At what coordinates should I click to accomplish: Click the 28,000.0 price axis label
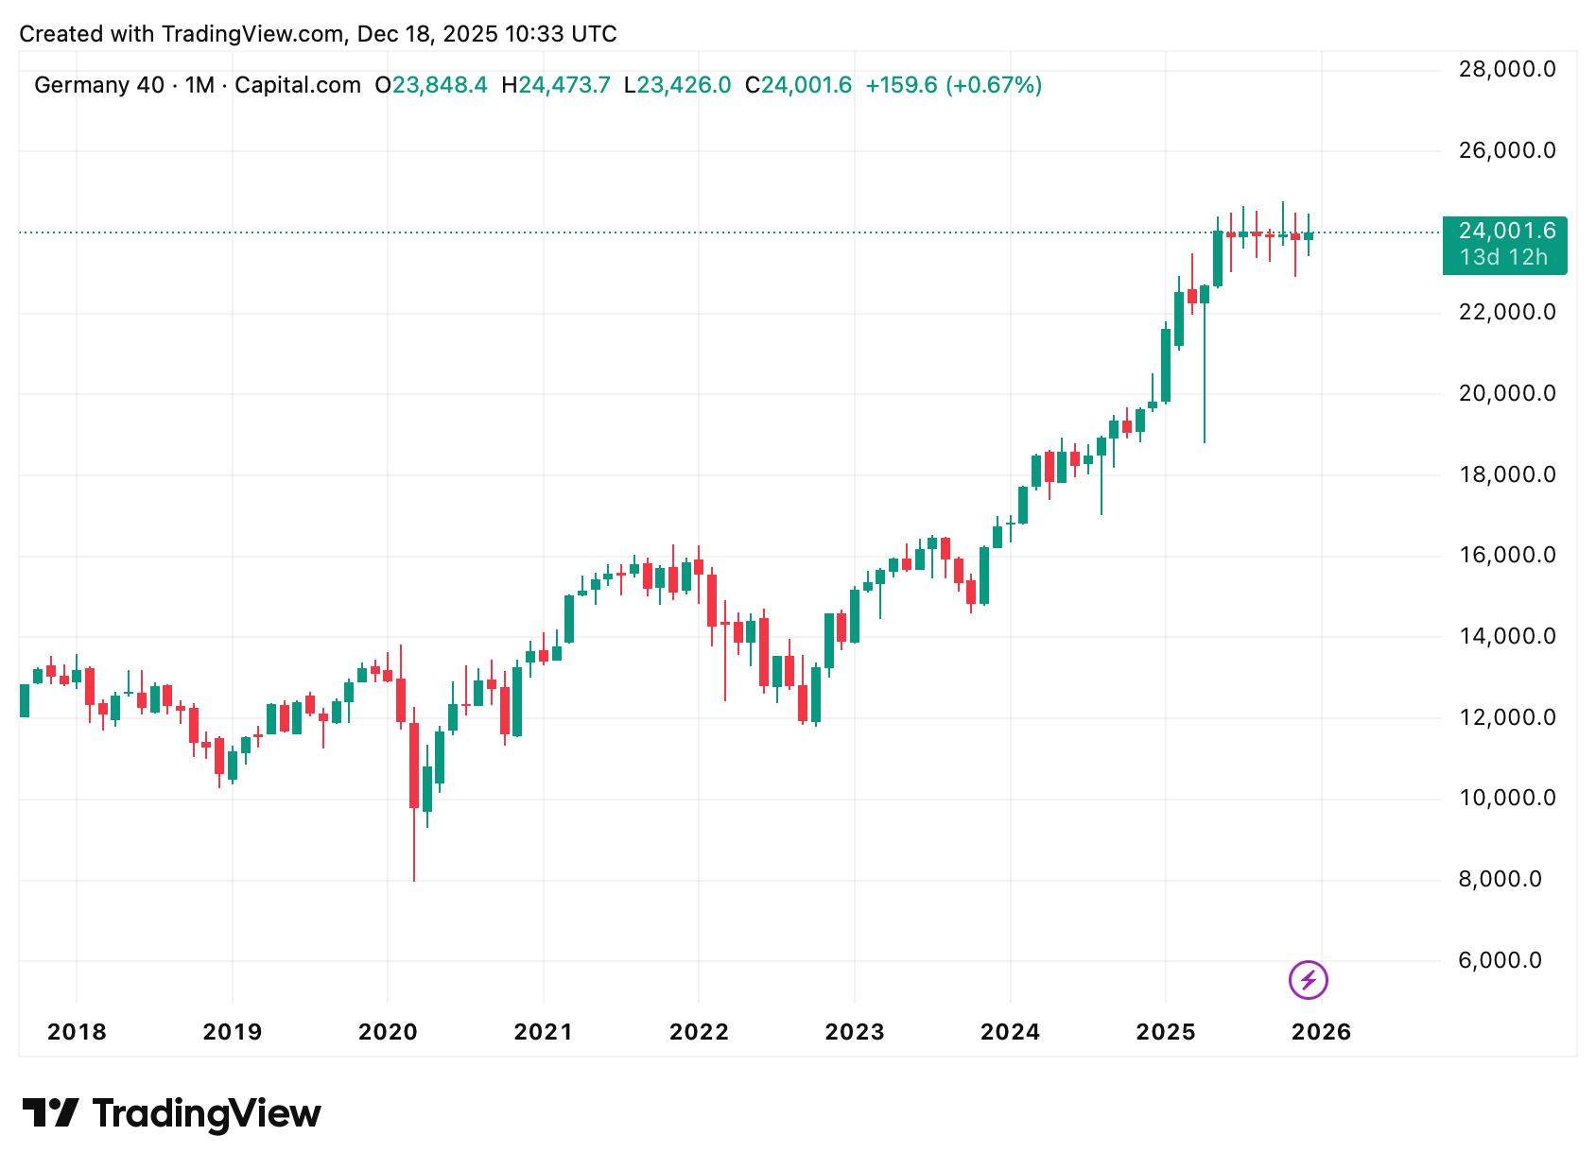[1506, 69]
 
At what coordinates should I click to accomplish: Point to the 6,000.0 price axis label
[1500, 960]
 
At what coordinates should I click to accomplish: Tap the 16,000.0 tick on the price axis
[1506, 555]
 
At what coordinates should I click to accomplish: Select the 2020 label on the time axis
[388, 1032]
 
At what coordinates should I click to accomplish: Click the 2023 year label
[855, 1032]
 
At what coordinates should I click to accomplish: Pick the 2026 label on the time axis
[1321, 1032]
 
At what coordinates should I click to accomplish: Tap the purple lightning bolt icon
[1309, 980]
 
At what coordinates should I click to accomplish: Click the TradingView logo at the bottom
[171, 1113]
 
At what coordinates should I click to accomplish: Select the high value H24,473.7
[556, 85]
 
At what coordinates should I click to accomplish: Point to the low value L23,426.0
[677, 85]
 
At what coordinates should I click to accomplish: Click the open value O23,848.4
[431, 85]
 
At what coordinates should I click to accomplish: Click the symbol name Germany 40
[99, 85]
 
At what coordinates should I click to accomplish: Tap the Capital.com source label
[297, 85]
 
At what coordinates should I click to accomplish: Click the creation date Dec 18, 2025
[427, 34]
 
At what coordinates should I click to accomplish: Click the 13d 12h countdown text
[1503, 257]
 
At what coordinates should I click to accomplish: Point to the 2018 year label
[77, 1032]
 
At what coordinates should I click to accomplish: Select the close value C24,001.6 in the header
[798, 85]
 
